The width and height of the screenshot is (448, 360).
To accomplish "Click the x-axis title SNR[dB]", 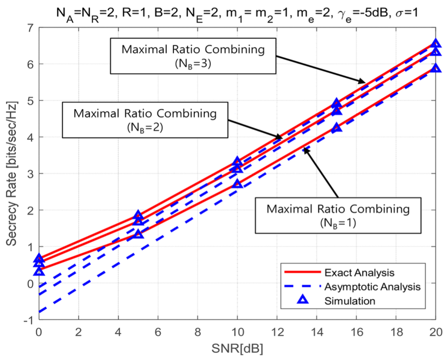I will (237, 350).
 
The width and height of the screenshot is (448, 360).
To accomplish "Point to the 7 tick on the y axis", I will (31, 27).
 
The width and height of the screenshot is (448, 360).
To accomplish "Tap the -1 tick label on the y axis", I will (30, 320).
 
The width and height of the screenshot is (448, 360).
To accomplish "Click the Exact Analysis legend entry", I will (359, 273).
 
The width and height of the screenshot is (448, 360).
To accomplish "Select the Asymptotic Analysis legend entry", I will (370, 286).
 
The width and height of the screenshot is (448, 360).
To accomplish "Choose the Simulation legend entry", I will (350, 301).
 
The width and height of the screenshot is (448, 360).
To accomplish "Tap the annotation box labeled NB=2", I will (145, 119).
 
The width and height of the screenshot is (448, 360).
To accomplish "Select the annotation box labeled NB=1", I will (338, 215).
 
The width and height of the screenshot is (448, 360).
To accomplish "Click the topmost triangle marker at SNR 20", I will (436, 44).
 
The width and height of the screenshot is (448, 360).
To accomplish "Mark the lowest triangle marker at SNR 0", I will (39, 271).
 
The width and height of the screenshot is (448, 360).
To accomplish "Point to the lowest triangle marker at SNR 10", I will (237, 184).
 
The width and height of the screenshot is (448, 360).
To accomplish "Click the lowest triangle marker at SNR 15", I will (336, 128).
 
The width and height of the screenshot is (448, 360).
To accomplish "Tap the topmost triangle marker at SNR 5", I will (138, 215).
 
